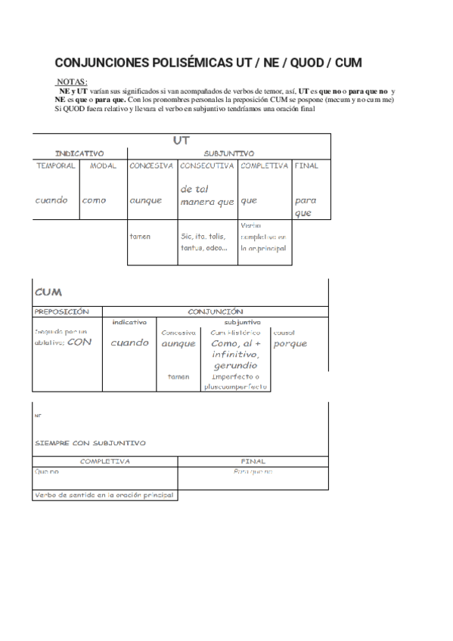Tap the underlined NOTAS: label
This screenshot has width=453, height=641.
[x=72, y=82]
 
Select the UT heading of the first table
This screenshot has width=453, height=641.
[x=181, y=141]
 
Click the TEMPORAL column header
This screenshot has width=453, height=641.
[x=55, y=166]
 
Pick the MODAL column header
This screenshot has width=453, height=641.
[x=103, y=166]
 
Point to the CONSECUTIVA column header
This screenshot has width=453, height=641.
[x=207, y=166]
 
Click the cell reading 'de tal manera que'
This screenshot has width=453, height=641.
[x=206, y=196]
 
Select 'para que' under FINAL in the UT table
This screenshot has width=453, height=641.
[x=306, y=207]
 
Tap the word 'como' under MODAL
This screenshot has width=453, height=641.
[x=95, y=201]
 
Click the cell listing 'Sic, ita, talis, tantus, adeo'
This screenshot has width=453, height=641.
[x=203, y=242]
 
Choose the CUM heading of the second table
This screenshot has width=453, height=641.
[x=48, y=292]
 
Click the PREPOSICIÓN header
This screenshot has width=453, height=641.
[x=62, y=311]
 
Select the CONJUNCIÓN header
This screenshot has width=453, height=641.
[x=216, y=311]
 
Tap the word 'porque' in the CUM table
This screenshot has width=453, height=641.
[x=290, y=344]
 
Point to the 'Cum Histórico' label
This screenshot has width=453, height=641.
[x=235, y=333]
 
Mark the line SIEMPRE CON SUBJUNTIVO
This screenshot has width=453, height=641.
[x=90, y=443]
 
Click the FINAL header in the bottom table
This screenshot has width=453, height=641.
[x=253, y=460]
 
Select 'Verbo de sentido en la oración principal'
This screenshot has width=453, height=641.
[x=104, y=495]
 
